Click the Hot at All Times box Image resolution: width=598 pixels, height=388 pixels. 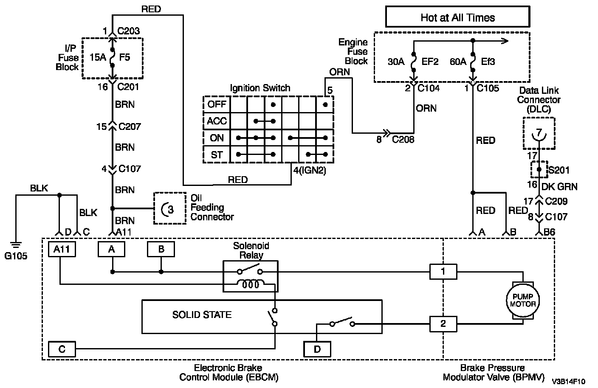pyautogui.click(x=457, y=17)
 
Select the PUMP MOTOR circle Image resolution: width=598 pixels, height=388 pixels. pyautogui.click(x=523, y=300)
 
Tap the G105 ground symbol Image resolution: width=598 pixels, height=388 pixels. pyautogui.click(x=16, y=245)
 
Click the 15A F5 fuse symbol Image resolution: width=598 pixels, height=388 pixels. pyautogui.click(x=113, y=57)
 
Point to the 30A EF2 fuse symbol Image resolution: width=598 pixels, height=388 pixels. pyautogui.click(x=414, y=62)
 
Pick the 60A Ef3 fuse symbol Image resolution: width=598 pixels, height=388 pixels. pyautogui.click(x=473, y=62)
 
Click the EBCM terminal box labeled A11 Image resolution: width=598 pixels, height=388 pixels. pyautogui.click(x=62, y=249)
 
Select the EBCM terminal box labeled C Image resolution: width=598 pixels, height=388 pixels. pyautogui.click(x=62, y=349)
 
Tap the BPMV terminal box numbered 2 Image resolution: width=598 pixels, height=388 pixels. pyautogui.click(x=443, y=324)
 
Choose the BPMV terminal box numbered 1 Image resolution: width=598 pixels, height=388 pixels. pyautogui.click(x=443, y=271)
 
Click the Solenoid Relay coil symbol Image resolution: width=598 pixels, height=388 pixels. pyautogui.click(x=251, y=284)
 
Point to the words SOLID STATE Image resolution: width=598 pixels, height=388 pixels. pyautogui.click(x=202, y=315)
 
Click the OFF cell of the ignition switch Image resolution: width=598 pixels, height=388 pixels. pyautogui.click(x=217, y=104)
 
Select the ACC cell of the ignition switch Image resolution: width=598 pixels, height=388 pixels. pyautogui.click(x=217, y=121)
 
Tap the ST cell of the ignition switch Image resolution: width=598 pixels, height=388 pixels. pyautogui.click(x=217, y=155)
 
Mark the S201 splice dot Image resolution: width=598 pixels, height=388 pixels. pyautogui.click(x=539, y=169)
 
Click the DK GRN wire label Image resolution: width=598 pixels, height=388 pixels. pyautogui.click(x=559, y=186)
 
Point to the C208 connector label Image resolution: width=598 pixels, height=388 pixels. pyautogui.click(x=403, y=139)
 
